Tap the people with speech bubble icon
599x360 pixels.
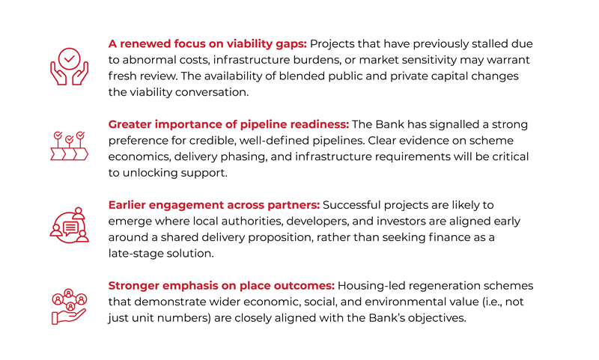(69, 225)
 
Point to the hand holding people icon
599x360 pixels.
(69, 305)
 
